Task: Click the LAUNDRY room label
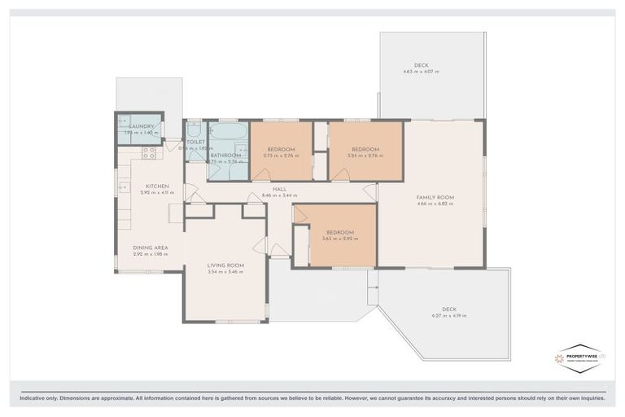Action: [x=142, y=126]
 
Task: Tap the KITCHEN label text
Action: [x=157, y=187]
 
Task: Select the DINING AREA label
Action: [x=151, y=248]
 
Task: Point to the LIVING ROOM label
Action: [x=225, y=266]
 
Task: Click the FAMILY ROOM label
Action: [x=435, y=197]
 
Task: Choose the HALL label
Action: [x=279, y=189]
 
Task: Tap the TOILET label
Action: [x=195, y=142]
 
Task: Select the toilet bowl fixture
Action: [x=195, y=129]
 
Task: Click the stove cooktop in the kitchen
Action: [x=149, y=151]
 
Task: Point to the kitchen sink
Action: [x=123, y=187]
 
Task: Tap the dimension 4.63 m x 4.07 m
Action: [x=421, y=72]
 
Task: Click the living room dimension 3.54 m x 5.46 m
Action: [x=225, y=272]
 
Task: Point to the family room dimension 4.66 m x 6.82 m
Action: [x=435, y=204]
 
